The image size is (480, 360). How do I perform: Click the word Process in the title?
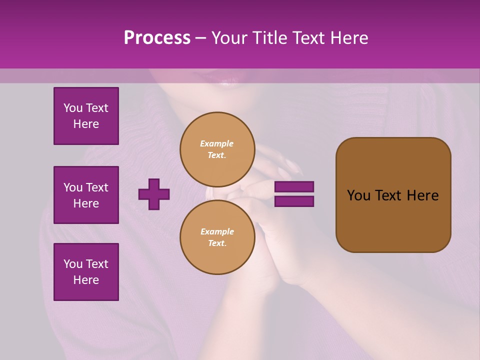(x=157, y=37)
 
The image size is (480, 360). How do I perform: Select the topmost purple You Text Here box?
(x=86, y=116)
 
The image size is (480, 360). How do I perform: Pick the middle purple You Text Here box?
(x=86, y=195)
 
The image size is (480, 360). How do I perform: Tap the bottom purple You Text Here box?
(x=86, y=271)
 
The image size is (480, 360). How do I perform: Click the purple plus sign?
(x=154, y=194)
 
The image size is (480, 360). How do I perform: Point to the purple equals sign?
(x=294, y=194)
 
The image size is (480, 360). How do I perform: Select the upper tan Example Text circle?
(x=217, y=149)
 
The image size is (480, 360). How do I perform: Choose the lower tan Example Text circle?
(x=217, y=237)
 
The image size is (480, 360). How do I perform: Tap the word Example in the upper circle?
(x=217, y=143)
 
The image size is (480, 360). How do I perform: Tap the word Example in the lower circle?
(x=217, y=231)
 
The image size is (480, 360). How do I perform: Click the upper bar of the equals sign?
(x=294, y=187)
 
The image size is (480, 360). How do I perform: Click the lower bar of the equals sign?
(x=294, y=201)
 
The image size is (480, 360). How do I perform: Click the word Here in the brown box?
(x=422, y=195)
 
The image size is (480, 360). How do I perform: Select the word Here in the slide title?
(x=349, y=37)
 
